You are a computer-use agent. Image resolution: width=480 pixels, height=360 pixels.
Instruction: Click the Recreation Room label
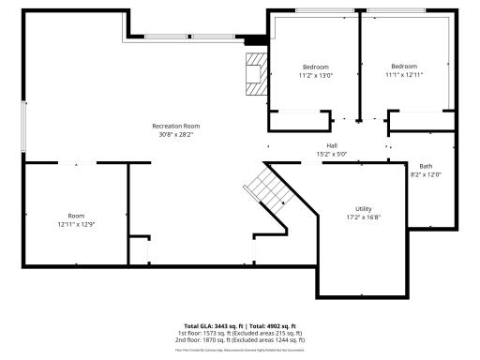[x=176, y=126]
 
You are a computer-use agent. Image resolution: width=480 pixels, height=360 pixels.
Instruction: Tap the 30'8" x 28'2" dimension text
[x=176, y=134]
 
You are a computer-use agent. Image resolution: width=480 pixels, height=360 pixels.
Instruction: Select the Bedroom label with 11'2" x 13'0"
[x=315, y=67]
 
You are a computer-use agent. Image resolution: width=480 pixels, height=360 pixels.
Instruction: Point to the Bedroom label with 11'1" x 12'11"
[x=404, y=66]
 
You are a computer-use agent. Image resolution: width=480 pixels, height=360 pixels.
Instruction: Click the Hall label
[x=331, y=145]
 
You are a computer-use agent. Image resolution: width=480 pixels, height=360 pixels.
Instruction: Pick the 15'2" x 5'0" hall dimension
[x=331, y=154]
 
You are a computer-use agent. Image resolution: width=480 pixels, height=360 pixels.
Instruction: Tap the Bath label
[x=426, y=166]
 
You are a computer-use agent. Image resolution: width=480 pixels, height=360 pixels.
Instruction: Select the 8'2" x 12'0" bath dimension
[x=426, y=174]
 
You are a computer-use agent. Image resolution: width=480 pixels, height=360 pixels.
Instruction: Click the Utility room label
[x=363, y=208]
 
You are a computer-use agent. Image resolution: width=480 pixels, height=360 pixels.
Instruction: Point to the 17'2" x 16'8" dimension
[x=363, y=217]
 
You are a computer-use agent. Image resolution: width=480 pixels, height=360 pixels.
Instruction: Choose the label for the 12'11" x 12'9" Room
[x=75, y=216]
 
